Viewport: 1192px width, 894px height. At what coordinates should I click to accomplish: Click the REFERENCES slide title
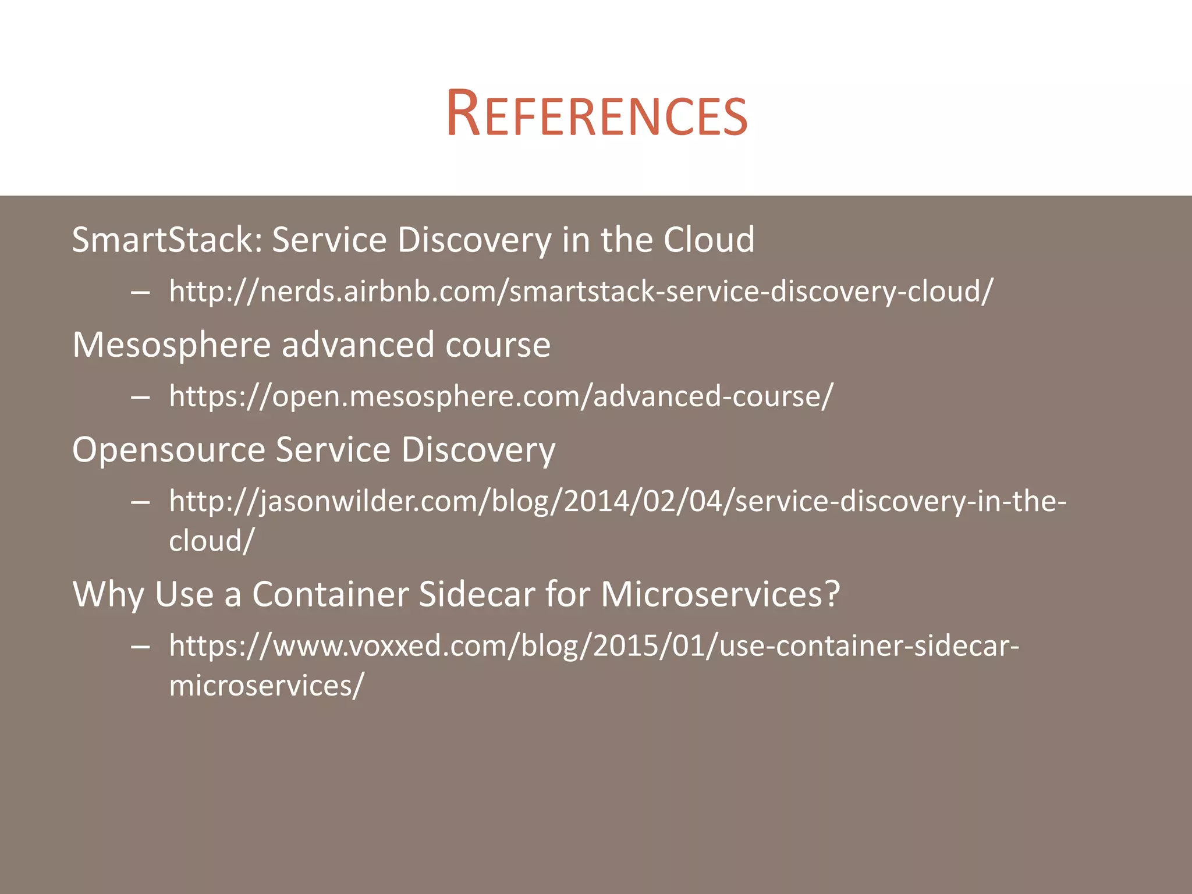click(596, 114)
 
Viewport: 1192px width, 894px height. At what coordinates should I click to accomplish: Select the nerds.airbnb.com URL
click(581, 291)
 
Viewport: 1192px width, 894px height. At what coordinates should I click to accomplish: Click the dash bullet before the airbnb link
click(141, 292)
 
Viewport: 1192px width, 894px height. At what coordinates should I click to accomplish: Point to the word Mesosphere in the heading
click(172, 345)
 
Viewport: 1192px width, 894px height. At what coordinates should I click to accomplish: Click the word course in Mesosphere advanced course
click(498, 345)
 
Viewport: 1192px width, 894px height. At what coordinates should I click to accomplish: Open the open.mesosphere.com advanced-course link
click(501, 396)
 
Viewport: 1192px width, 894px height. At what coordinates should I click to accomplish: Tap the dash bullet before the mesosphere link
click(141, 398)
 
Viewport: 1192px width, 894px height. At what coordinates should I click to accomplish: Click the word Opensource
click(169, 450)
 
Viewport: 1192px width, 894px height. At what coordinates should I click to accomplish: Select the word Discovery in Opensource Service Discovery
click(478, 450)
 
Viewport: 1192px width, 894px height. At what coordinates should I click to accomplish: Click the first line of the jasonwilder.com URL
click(618, 501)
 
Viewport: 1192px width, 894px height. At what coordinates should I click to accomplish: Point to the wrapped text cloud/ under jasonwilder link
click(211, 541)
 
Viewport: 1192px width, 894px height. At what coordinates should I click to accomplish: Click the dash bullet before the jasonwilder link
click(141, 502)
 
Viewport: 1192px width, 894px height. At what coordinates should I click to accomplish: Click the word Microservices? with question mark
click(721, 594)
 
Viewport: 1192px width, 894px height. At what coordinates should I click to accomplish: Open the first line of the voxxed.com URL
click(594, 645)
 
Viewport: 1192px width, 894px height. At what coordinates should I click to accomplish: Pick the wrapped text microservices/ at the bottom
click(267, 685)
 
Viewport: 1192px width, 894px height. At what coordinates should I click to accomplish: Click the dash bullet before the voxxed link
click(141, 647)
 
